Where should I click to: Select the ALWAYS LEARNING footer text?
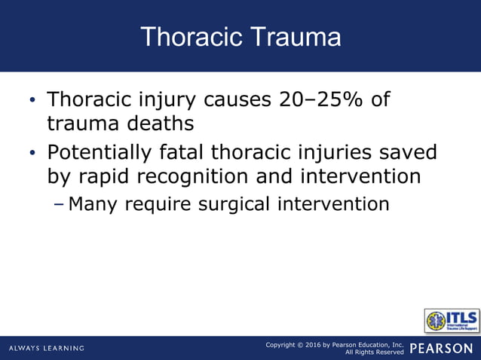click(x=47, y=348)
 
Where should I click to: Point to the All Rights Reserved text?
click(x=375, y=352)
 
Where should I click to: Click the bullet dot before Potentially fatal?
click(x=32, y=154)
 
